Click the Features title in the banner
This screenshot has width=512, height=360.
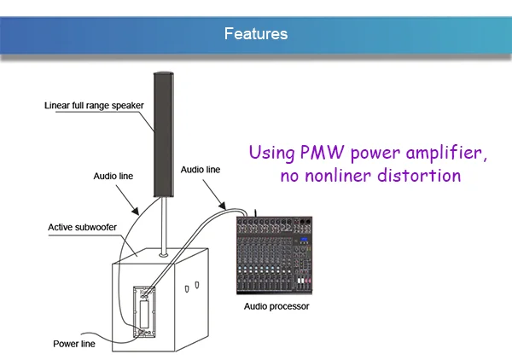255,34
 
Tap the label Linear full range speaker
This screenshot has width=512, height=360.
94,106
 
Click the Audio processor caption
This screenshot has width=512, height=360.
276,306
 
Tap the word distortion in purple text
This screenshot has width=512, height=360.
419,177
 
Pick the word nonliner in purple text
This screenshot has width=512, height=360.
335,177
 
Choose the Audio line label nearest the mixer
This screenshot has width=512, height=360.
201,170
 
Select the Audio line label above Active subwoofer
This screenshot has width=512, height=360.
113,177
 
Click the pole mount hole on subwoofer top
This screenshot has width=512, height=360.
162,253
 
